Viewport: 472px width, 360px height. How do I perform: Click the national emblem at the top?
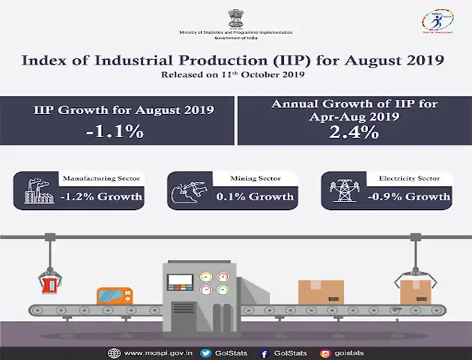[235, 17]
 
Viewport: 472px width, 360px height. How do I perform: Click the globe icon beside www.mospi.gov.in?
[113, 352]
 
